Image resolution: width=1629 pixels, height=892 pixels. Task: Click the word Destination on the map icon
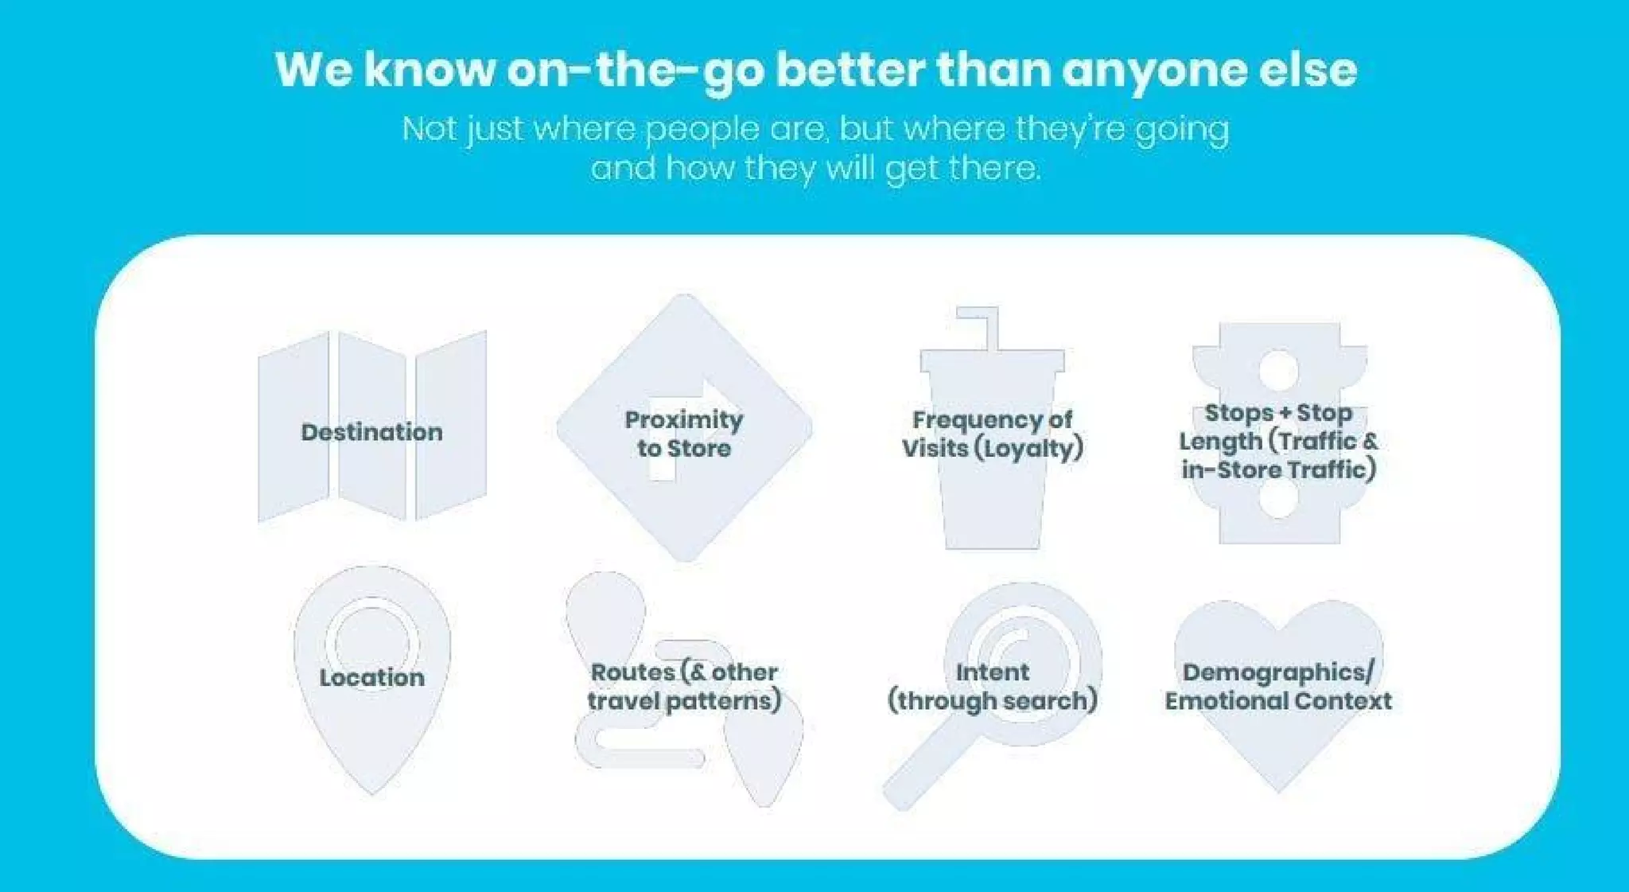click(371, 432)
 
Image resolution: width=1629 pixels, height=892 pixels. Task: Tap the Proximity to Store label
click(683, 434)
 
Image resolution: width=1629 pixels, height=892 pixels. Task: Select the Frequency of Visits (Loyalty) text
click(992, 434)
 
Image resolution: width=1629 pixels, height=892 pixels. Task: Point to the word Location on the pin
click(371, 677)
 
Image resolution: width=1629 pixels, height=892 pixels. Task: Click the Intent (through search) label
click(992, 686)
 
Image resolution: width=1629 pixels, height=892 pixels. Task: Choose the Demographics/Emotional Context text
click(1277, 686)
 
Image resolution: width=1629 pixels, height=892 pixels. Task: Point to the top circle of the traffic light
click(1278, 369)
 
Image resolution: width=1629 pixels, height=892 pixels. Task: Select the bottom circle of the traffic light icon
click(1278, 498)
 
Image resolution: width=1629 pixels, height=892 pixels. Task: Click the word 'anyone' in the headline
click(1154, 70)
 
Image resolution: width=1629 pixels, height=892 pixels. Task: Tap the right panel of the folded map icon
click(451, 426)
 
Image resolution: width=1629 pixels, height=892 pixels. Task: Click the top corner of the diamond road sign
click(683, 300)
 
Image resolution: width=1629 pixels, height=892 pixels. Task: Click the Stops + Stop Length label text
click(1277, 441)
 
